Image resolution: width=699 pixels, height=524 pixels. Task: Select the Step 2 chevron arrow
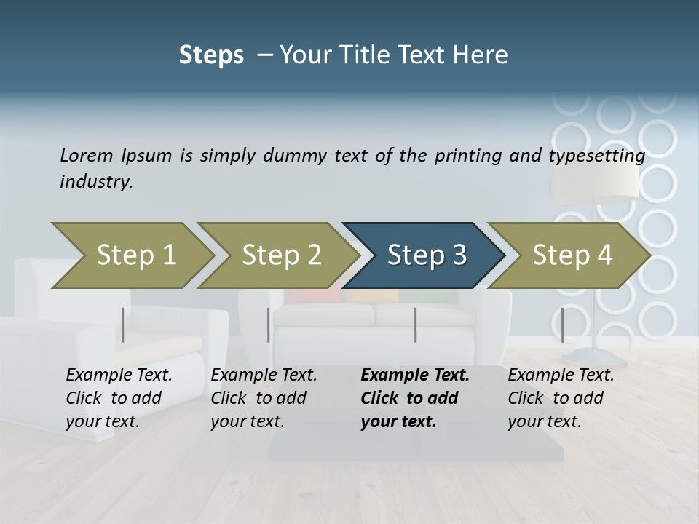click(x=280, y=255)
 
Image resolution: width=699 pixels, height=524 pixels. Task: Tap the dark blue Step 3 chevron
click(x=425, y=255)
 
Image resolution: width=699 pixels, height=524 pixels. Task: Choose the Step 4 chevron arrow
click(x=571, y=255)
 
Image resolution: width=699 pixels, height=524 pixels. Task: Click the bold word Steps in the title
click(x=211, y=55)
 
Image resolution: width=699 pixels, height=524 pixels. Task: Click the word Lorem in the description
click(x=86, y=155)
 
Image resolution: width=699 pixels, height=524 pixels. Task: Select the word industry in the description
click(x=95, y=182)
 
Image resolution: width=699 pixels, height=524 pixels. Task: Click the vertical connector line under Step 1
click(x=123, y=325)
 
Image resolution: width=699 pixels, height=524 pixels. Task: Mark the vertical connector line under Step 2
click(x=269, y=325)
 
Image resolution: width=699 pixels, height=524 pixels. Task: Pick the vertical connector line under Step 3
click(x=415, y=325)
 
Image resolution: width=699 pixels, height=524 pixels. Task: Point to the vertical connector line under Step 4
click(x=562, y=325)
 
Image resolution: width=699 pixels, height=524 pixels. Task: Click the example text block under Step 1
click(x=119, y=398)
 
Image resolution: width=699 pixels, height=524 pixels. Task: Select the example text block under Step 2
click(x=264, y=398)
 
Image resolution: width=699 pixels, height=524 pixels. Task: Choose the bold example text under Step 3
click(x=414, y=398)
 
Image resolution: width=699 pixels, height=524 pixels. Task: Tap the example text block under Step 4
click(x=561, y=398)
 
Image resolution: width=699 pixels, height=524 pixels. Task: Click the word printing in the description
click(x=465, y=155)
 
